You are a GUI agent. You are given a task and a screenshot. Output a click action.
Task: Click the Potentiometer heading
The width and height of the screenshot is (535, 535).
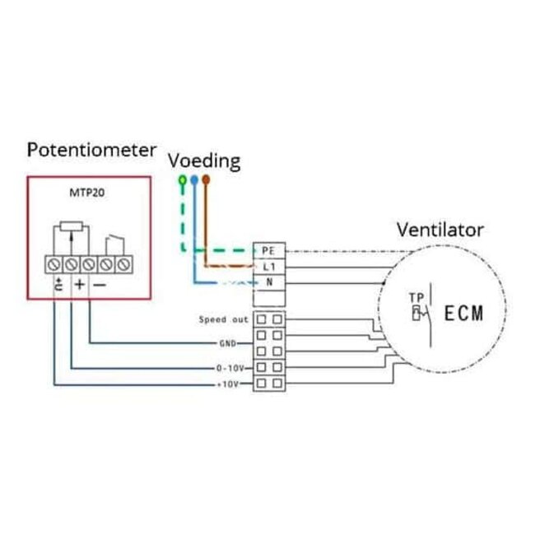point(91,150)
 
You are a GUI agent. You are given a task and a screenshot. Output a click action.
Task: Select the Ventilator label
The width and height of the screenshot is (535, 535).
point(440,230)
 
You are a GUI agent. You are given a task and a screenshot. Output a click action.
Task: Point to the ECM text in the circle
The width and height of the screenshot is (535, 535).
point(463,314)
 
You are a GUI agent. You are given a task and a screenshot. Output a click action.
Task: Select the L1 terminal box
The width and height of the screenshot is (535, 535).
point(267,267)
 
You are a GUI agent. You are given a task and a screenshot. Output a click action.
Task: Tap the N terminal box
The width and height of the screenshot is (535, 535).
point(267,283)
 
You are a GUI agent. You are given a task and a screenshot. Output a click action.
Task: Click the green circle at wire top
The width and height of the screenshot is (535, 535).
point(181,179)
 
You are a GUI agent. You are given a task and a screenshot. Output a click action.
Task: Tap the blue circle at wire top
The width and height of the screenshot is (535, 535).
point(193,179)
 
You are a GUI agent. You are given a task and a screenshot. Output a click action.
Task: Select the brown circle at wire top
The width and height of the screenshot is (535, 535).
point(206,179)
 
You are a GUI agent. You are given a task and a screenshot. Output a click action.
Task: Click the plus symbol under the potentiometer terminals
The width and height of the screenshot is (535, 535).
point(79,285)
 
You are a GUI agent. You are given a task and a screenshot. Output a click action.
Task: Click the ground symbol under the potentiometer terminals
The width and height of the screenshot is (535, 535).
point(58,286)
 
